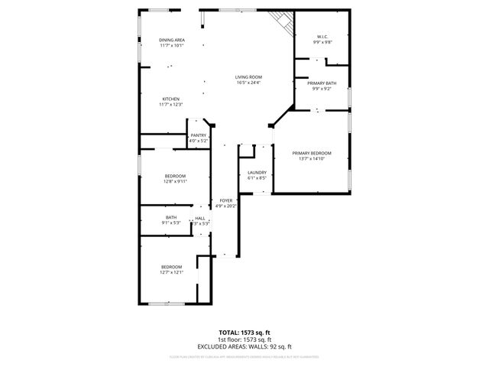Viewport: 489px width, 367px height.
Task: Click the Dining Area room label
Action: coord(171,40)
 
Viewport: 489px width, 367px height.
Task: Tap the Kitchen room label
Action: coord(170,99)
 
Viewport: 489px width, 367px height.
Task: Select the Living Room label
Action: coord(248,77)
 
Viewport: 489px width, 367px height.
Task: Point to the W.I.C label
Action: coord(322,37)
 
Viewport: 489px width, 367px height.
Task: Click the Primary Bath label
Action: coord(322,83)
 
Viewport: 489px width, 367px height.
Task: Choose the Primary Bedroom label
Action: coord(312,154)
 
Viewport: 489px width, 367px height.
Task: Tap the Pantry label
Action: coord(198,135)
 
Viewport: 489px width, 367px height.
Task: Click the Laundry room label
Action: coord(257,172)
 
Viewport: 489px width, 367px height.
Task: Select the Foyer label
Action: coord(226,200)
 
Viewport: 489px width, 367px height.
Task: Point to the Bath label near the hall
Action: coord(171,218)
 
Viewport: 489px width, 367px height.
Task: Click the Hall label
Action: coord(200,218)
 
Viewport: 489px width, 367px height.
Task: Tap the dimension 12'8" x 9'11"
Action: coord(175,182)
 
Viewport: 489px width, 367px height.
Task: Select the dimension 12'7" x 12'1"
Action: coord(171,272)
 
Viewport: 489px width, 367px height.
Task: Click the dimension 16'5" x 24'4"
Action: coord(248,83)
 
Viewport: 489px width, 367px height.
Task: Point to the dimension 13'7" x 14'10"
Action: coord(312,159)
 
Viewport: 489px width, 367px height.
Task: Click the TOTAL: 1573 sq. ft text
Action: coord(244,333)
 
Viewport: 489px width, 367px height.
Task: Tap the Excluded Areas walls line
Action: coord(244,347)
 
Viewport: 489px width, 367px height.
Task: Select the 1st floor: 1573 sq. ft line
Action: coord(244,340)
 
